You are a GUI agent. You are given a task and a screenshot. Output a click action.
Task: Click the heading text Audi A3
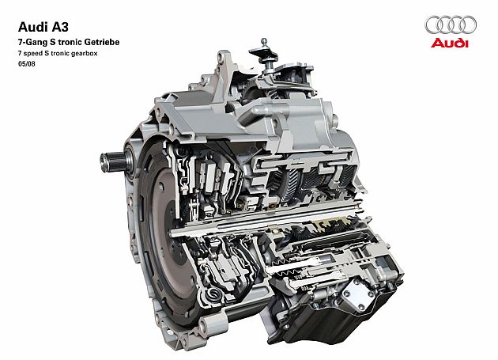[x=43, y=27]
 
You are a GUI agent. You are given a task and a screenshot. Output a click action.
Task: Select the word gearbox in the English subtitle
[x=84, y=54]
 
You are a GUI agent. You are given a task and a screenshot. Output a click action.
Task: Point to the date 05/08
[x=27, y=64]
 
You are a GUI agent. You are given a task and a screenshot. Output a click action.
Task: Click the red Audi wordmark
[x=450, y=43]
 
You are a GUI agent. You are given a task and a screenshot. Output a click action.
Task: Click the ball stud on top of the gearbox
[x=263, y=41]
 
